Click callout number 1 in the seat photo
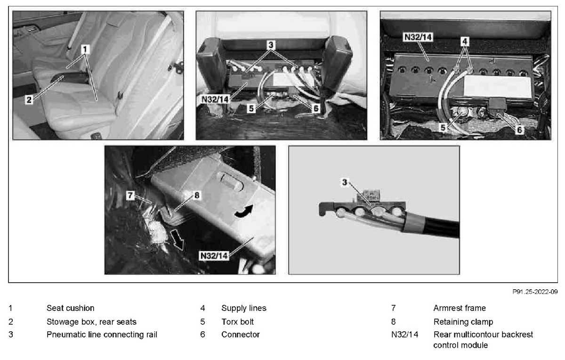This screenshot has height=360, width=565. (x=85, y=49)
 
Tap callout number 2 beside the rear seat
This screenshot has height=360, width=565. (x=29, y=100)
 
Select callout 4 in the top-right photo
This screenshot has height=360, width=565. (x=465, y=41)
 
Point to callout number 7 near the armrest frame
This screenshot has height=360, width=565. (x=130, y=195)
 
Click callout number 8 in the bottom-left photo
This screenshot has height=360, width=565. (x=197, y=195)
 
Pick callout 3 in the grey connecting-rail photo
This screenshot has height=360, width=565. (x=345, y=182)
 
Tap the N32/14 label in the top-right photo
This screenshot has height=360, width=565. (x=418, y=37)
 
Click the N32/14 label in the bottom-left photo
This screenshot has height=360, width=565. (x=214, y=256)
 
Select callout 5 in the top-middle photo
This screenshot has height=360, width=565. (x=251, y=108)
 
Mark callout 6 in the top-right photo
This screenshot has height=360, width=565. (x=520, y=130)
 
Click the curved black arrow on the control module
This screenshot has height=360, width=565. (x=243, y=211)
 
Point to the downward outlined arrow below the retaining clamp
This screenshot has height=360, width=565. (x=178, y=239)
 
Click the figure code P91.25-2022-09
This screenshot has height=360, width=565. (x=535, y=292)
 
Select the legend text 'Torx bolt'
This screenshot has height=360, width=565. (x=237, y=322)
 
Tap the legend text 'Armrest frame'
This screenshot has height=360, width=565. (x=460, y=308)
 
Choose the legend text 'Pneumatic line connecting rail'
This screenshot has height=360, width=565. (x=102, y=335)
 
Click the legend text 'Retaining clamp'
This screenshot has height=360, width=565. (x=463, y=322)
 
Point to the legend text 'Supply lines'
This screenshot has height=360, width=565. (x=244, y=308)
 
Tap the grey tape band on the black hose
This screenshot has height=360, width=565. (x=414, y=221)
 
